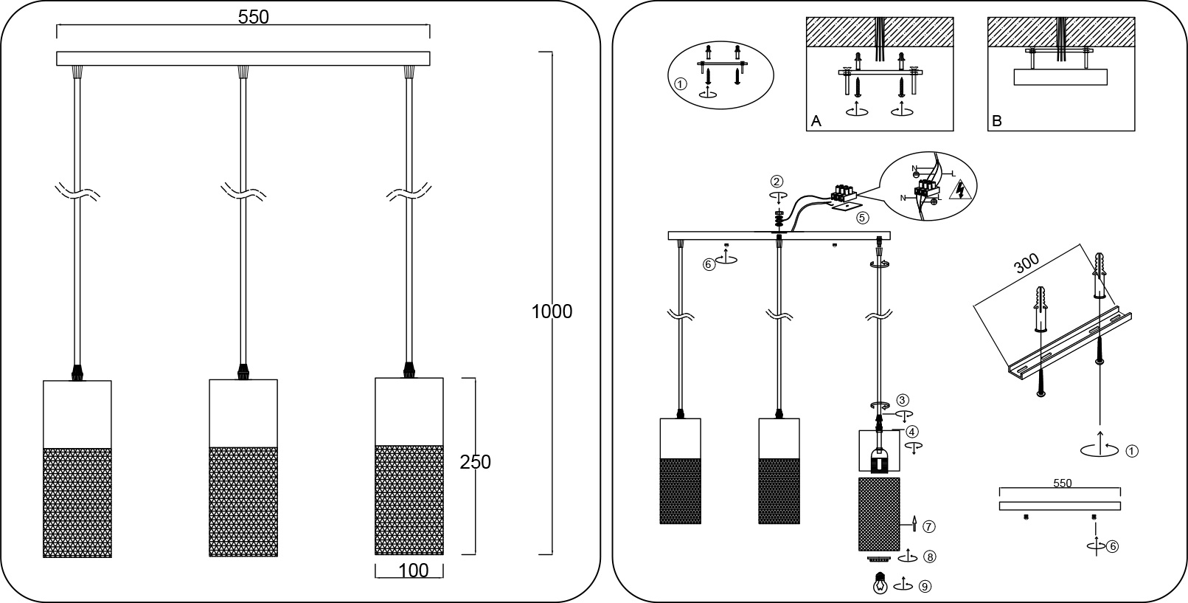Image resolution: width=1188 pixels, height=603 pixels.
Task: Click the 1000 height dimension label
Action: pos(552,311)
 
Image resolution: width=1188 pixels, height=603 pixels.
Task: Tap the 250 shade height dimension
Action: pos(475,463)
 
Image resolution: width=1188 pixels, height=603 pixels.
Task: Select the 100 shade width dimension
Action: pos(413,571)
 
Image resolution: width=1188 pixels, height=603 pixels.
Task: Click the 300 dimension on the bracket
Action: pos(1027,263)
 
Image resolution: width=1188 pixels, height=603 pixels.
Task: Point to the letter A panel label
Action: pos(816,122)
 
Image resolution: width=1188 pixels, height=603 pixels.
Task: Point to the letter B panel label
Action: pos(997,122)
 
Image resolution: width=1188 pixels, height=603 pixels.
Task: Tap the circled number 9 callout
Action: pos(925,587)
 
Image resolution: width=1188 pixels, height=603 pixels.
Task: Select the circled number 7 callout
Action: pos(929,526)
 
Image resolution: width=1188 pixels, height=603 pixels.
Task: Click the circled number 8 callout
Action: pos(931,557)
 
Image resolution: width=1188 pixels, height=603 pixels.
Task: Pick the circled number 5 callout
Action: pos(862,218)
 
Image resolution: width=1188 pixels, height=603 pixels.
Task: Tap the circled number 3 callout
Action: pos(903,400)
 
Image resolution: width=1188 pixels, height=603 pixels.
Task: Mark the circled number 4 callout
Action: pos(912,432)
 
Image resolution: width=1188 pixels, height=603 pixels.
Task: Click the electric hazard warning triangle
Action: pos(961,192)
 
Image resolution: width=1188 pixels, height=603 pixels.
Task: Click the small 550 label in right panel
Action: pos(1062,483)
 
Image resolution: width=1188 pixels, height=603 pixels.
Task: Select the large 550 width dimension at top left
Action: pos(253,17)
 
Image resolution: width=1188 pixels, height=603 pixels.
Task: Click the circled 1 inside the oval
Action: pos(681,84)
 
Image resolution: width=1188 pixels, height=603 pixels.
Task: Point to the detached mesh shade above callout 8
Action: pos(879,514)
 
